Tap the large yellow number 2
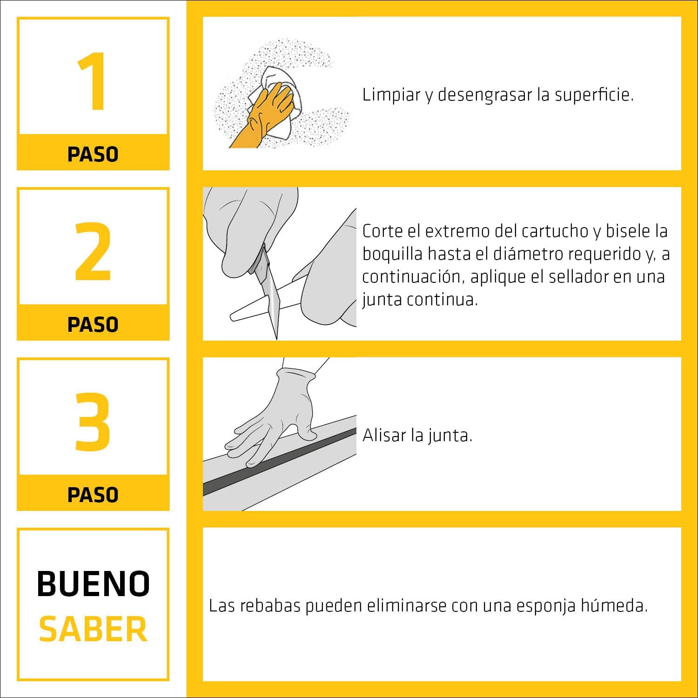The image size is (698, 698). click(x=93, y=251)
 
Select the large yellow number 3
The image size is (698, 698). click(x=93, y=422)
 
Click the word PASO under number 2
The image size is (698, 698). click(x=93, y=324)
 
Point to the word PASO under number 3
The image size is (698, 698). click(x=93, y=495)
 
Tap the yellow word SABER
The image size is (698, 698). click(x=93, y=629)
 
